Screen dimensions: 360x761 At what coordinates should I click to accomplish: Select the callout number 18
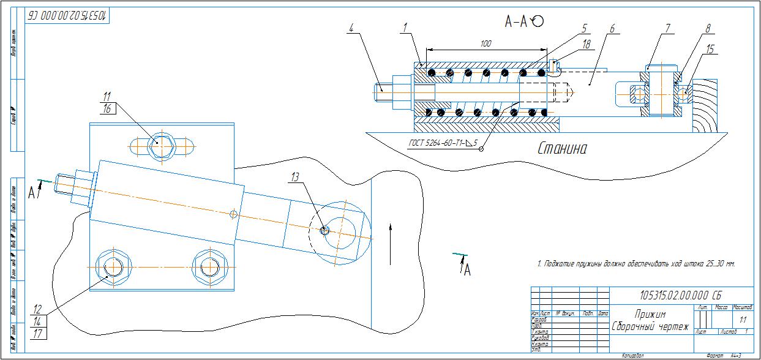click(x=586, y=44)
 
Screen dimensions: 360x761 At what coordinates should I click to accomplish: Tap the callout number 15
click(x=710, y=50)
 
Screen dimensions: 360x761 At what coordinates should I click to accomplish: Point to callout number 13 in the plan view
click(x=295, y=177)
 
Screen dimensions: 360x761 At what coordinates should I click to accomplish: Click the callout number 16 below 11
click(x=107, y=109)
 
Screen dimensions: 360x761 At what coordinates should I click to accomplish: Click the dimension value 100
click(x=486, y=44)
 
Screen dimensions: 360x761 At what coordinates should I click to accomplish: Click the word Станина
click(x=561, y=148)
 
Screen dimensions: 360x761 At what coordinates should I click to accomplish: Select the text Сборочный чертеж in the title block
click(x=650, y=326)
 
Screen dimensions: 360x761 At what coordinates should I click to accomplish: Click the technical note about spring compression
click(x=635, y=264)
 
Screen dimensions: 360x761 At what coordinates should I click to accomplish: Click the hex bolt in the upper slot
click(x=160, y=144)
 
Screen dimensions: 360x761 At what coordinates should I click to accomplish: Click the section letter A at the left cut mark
click(x=32, y=192)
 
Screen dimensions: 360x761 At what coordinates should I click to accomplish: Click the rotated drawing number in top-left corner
click(x=66, y=16)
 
